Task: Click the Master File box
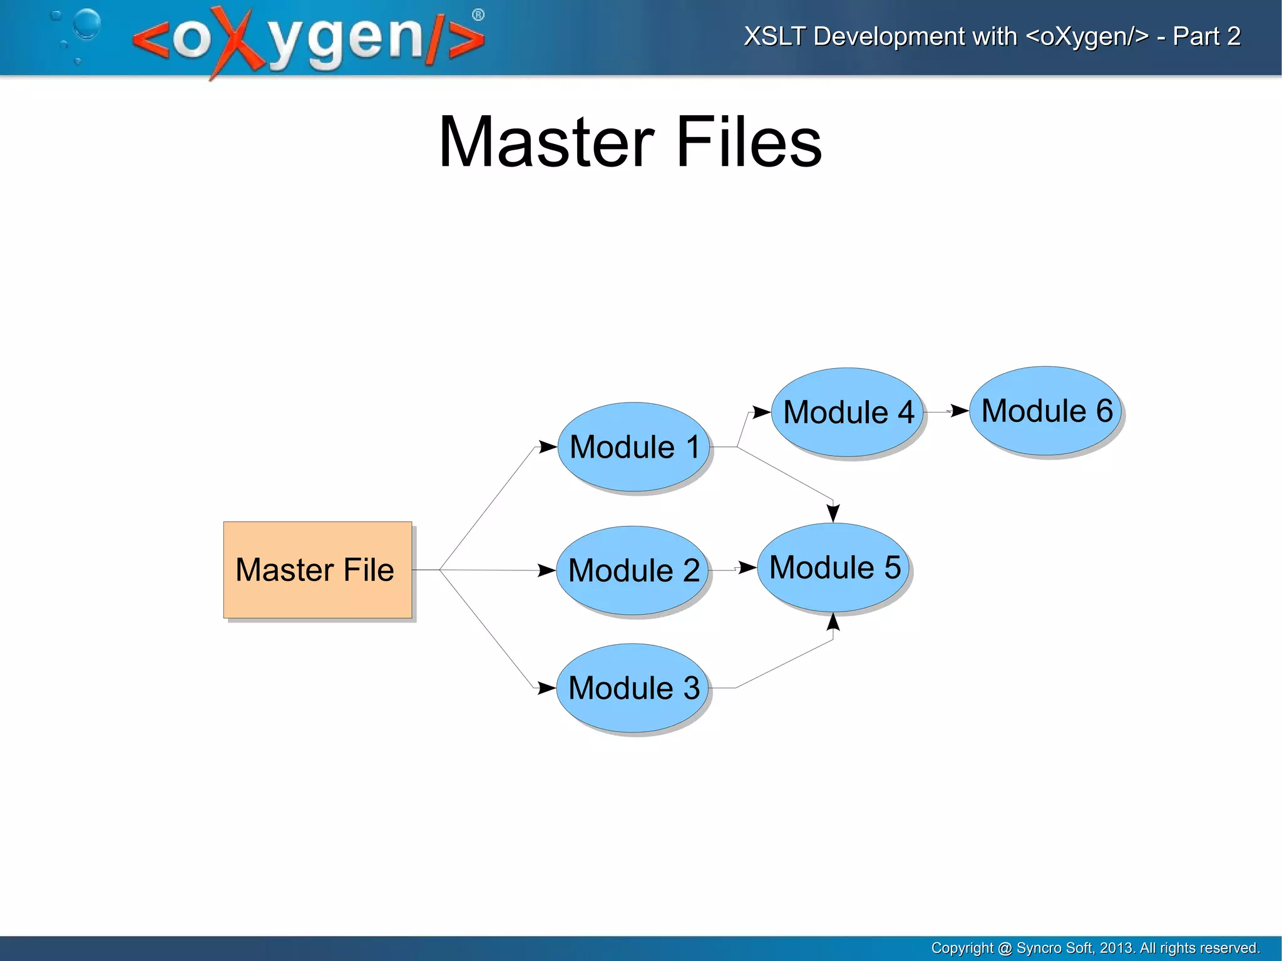click(x=317, y=570)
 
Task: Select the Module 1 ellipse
click(x=633, y=447)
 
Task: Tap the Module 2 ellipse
click(x=632, y=570)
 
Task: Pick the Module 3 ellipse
click(x=632, y=688)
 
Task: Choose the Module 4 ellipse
click(x=848, y=413)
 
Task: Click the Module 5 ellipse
click(x=833, y=567)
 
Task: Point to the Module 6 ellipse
click(x=1046, y=411)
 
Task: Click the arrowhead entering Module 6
click(x=960, y=411)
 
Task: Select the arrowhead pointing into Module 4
click(x=761, y=412)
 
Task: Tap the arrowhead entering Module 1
click(x=548, y=447)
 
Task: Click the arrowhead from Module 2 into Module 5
click(x=747, y=568)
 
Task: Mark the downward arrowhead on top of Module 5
click(x=833, y=513)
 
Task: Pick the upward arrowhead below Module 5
click(x=833, y=622)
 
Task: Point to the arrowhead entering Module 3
click(x=546, y=688)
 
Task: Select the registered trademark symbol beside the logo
click(x=478, y=15)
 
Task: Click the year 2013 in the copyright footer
click(x=1116, y=948)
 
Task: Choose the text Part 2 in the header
click(x=1206, y=36)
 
